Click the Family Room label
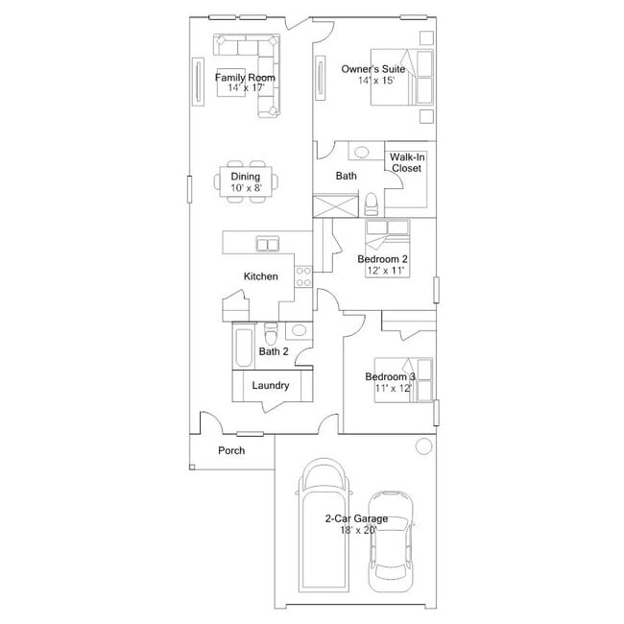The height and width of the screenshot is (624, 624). tap(245, 77)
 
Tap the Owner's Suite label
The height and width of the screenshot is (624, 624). tap(373, 69)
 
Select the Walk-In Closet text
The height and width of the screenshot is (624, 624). tap(407, 162)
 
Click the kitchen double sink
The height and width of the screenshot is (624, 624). tap(268, 244)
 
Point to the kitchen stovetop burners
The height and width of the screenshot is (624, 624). tap(303, 276)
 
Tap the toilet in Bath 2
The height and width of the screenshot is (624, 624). tap(271, 333)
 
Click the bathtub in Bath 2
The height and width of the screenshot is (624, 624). tap(243, 346)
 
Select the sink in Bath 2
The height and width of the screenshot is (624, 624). tap(299, 330)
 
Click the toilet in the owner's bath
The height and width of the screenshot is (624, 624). tap(372, 204)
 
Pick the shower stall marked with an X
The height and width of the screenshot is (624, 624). tap(335, 205)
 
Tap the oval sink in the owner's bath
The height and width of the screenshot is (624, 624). tap(361, 152)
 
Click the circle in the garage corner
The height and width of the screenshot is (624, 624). tap(423, 446)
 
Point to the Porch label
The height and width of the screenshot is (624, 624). tap(231, 450)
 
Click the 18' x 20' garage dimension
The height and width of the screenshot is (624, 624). tap(358, 530)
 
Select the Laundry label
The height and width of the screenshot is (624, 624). tap(271, 385)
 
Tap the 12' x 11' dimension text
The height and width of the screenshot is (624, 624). tap(386, 271)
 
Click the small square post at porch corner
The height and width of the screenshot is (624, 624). tap(192, 467)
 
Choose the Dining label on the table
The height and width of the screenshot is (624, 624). tap(246, 177)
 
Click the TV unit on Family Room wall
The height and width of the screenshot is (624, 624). tap(198, 82)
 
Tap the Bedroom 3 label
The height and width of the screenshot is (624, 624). tap(390, 376)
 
